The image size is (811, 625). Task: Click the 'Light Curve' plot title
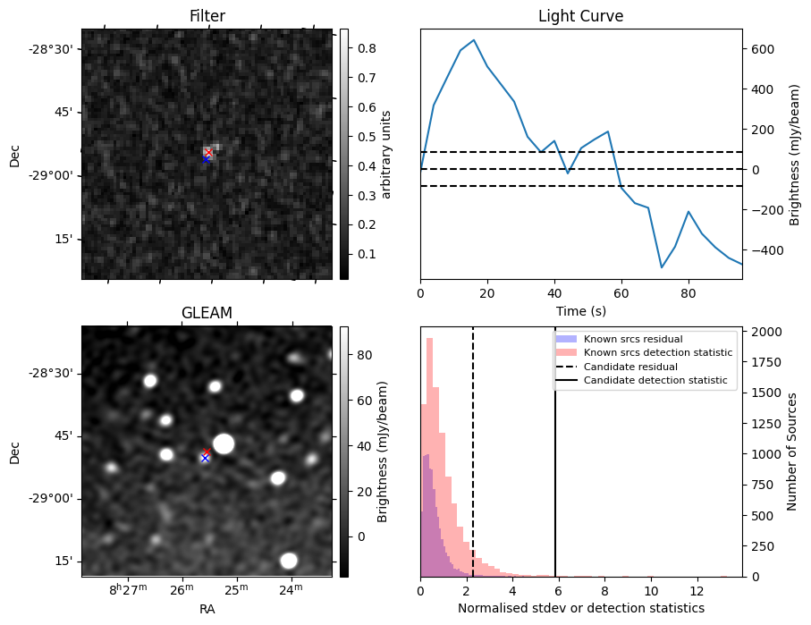click(580, 17)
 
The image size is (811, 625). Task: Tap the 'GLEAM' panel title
click(207, 313)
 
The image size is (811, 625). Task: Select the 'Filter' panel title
click(207, 17)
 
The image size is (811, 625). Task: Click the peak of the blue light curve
click(474, 40)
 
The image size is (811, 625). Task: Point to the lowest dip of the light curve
click(662, 267)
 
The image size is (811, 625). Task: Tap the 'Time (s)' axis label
click(580, 309)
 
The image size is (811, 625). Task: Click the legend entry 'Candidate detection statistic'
click(655, 382)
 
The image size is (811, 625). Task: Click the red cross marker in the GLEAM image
click(207, 452)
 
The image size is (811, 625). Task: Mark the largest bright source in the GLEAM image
click(224, 443)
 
